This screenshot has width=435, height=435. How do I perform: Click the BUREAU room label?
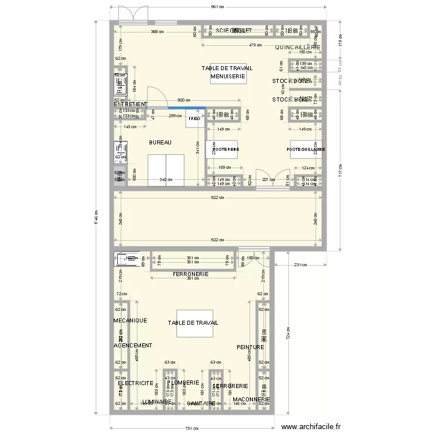pos(159,142)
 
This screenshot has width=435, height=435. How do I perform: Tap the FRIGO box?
pos(194,119)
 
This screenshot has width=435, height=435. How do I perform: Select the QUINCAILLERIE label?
pos(298,47)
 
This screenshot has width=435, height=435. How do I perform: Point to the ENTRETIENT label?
pos(130,104)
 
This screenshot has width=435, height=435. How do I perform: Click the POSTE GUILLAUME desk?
pos(306,150)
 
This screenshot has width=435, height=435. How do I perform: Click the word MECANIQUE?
pos(130,320)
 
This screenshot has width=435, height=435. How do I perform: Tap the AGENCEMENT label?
pos(133,345)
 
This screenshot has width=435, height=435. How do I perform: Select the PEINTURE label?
pos(250,347)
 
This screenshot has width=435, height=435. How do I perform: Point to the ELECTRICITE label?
pos(135,383)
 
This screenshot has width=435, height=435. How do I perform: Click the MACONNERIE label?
pos(251,400)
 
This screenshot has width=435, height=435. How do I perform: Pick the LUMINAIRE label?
pos(157,401)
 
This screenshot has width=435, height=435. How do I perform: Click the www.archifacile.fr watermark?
pos(318,426)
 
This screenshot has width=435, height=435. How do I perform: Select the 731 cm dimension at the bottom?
pos(192,427)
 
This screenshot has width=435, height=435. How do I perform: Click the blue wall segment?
pos(187,107)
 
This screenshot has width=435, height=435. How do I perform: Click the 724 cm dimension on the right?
pos(288,334)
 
